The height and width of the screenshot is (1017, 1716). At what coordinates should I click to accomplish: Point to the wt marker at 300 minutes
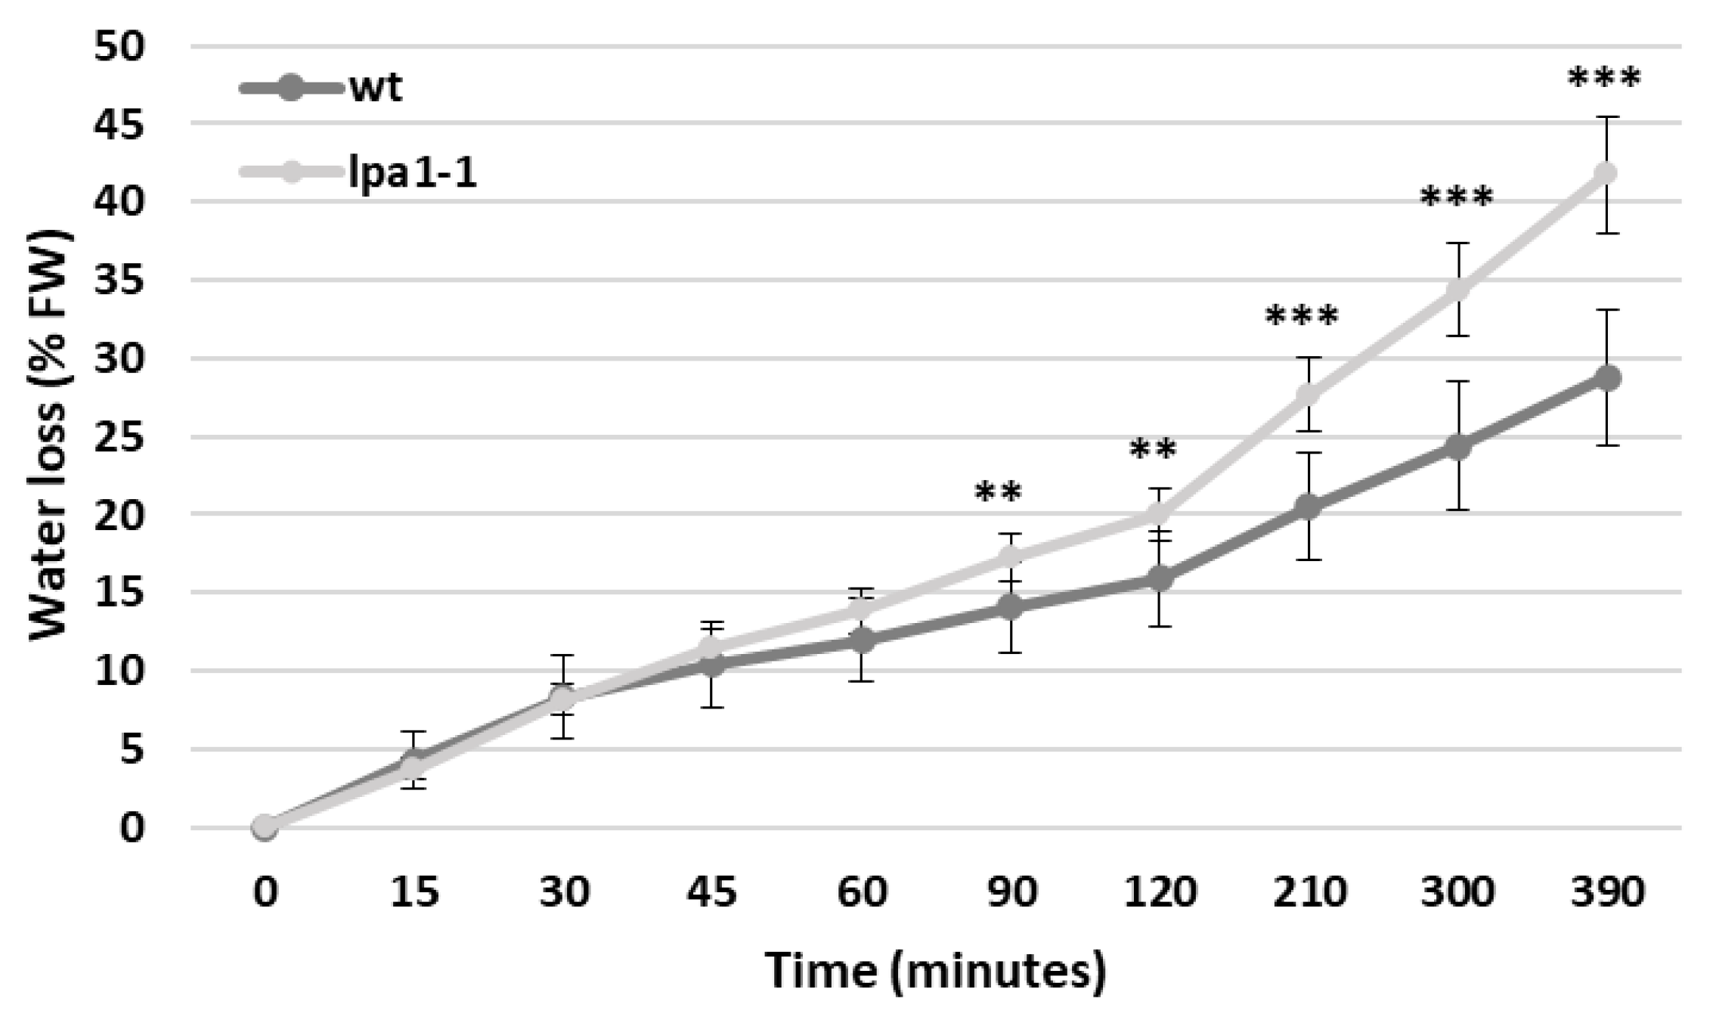coord(1457,446)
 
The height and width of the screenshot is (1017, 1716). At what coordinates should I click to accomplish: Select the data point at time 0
coord(265,826)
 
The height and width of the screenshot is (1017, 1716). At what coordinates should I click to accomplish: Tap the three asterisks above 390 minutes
coord(1604,78)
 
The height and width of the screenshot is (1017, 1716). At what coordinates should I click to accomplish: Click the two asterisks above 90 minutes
coord(998,492)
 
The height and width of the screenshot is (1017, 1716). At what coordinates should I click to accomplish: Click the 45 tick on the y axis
coord(119,125)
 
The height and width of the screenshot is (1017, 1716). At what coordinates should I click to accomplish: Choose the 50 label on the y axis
coord(119,47)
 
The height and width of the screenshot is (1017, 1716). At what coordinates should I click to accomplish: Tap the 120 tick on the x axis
coord(1160,892)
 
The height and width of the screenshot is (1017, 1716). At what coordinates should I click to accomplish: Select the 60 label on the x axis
coord(862,892)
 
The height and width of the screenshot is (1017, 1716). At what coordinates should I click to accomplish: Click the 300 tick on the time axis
coord(1457,892)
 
